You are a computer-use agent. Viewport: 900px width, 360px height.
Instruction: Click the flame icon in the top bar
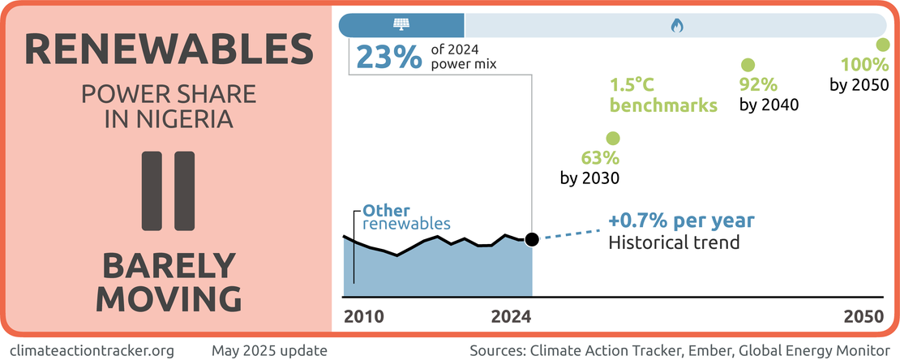click(675, 25)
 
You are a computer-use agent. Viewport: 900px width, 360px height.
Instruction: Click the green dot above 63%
click(612, 139)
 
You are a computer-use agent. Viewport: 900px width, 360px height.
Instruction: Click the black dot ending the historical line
click(532, 239)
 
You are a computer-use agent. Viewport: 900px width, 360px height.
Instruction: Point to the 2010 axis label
click(364, 317)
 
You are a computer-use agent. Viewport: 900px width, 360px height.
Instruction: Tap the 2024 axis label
click(512, 317)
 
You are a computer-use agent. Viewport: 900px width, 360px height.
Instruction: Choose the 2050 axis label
click(863, 317)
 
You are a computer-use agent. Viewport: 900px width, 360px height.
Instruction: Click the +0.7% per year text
click(681, 221)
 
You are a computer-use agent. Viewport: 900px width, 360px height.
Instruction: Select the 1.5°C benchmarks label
click(663, 95)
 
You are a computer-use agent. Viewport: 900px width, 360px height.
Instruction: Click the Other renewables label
click(405, 216)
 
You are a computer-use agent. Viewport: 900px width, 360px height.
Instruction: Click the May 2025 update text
click(269, 350)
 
